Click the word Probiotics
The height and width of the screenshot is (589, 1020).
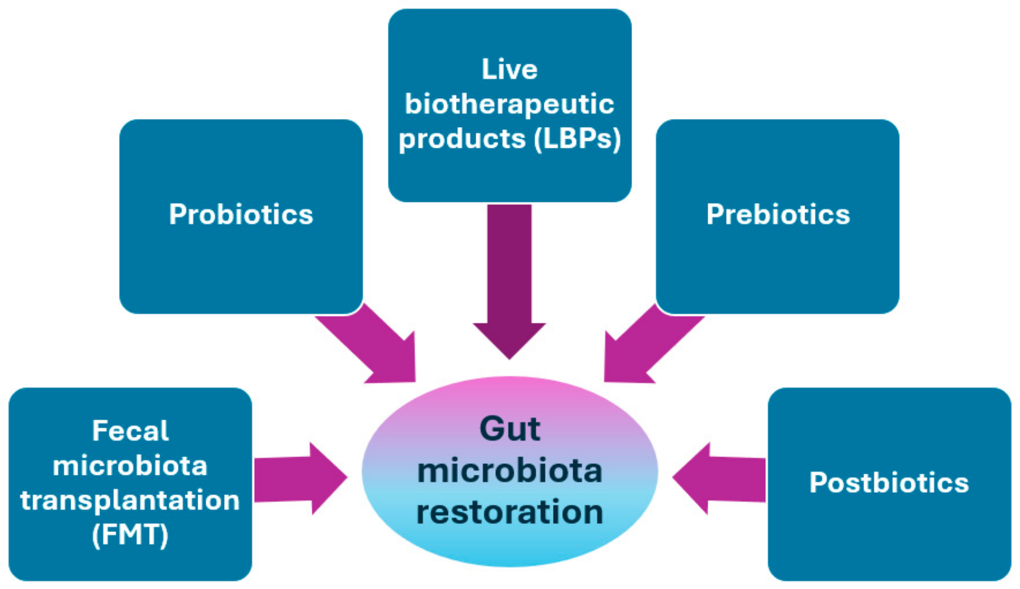pyautogui.click(x=241, y=215)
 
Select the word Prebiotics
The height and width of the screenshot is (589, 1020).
pyautogui.click(x=778, y=215)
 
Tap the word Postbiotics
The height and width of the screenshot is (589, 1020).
pyautogui.click(x=889, y=483)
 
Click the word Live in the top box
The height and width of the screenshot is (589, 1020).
pyautogui.click(x=509, y=69)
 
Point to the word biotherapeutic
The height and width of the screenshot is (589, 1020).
pyautogui.click(x=509, y=104)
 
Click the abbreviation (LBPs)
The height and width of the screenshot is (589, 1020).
pyautogui.click(x=578, y=139)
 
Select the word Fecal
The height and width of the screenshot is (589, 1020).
pyautogui.click(x=130, y=431)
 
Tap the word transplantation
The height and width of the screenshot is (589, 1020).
pyautogui.click(x=130, y=500)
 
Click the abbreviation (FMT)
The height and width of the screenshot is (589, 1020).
pyautogui.click(x=130, y=534)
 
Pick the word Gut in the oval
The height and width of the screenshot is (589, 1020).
pyautogui.click(x=509, y=428)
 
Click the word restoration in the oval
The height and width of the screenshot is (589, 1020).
pyautogui.click(x=509, y=512)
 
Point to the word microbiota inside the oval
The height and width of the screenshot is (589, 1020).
pyautogui.click(x=509, y=471)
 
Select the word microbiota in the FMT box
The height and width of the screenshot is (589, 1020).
pyautogui.click(x=130, y=466)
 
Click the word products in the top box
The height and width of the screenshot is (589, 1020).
pyautogui.click(x=462, y=139)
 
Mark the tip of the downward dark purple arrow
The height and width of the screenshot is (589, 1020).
pyautogui.click(x=509, y=357)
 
